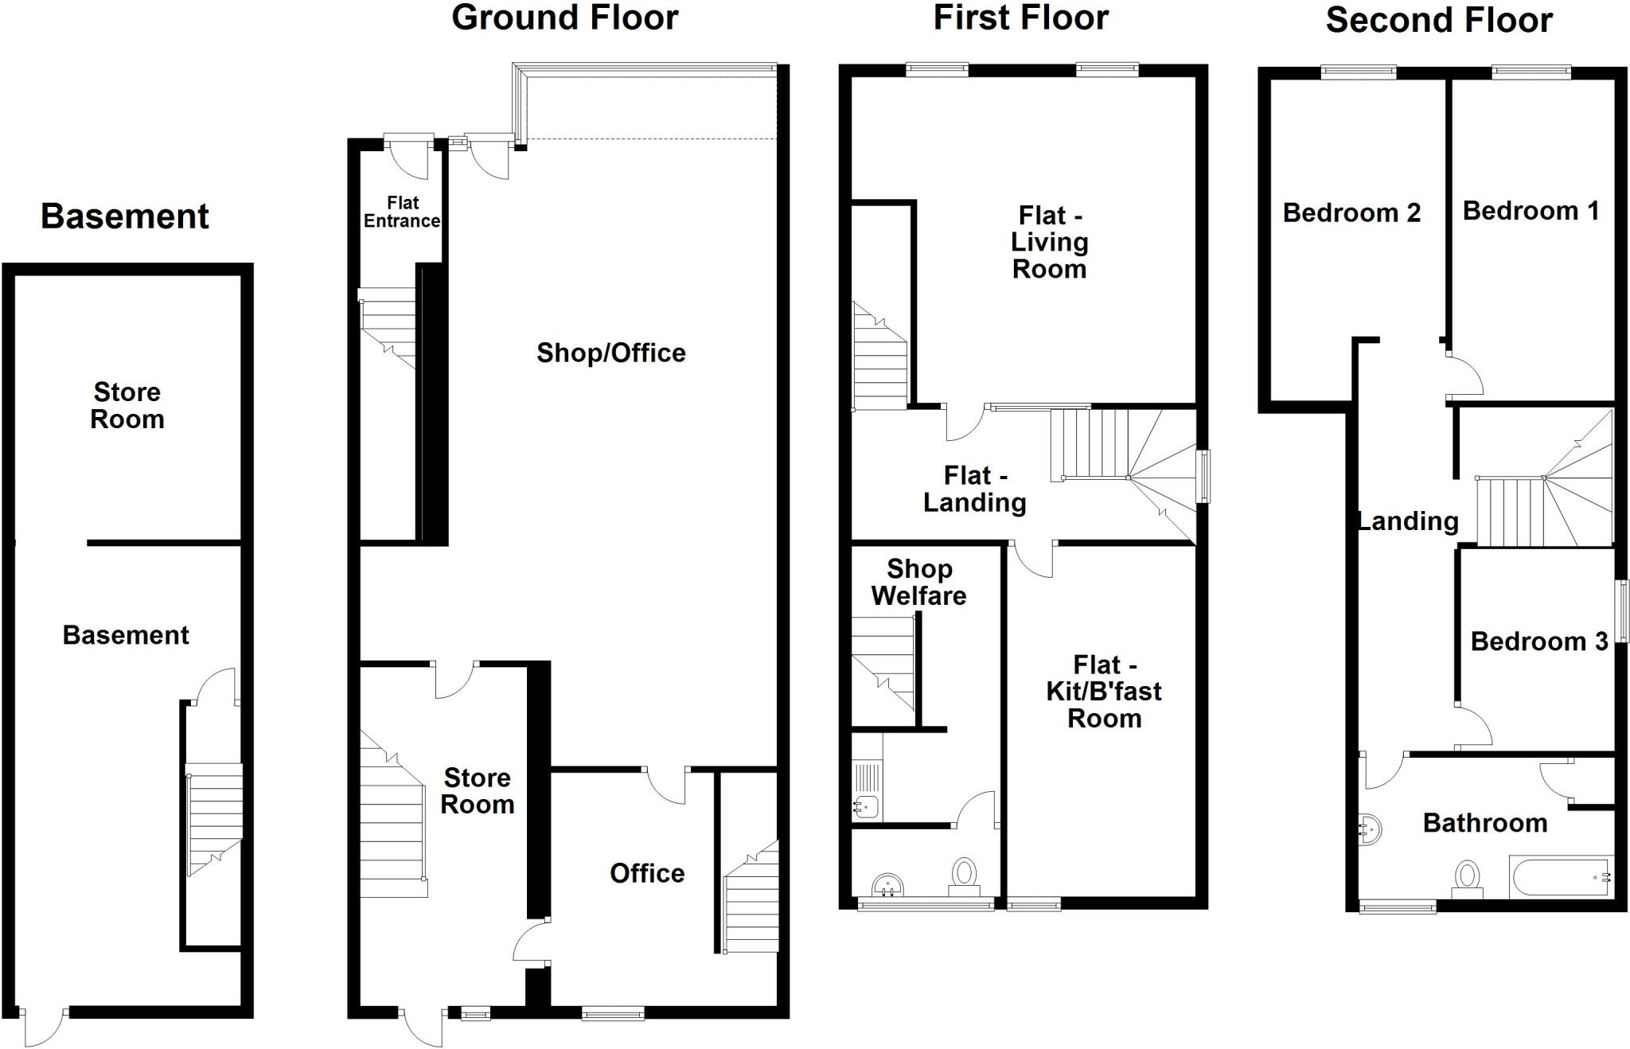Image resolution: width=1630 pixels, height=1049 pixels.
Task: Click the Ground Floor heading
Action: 564,18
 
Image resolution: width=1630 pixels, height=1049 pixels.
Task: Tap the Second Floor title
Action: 1438,20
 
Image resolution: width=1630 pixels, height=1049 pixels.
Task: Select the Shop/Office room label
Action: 610,353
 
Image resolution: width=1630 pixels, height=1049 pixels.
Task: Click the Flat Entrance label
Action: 402,213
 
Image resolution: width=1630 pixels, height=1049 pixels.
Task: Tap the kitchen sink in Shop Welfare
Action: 864,807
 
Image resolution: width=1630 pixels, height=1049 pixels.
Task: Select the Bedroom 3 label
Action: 1538,641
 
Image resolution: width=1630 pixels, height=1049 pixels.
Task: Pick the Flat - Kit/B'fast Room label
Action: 1103,691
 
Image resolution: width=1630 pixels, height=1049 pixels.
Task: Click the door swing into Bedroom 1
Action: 1464,374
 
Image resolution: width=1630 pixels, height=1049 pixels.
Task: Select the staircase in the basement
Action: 214,820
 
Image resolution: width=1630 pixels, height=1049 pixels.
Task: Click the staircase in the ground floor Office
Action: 751,899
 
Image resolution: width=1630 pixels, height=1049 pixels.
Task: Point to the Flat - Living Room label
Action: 1049,242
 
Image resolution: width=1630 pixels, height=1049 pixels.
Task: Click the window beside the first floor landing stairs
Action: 1204,476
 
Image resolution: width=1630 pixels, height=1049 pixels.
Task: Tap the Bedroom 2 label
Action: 1351,213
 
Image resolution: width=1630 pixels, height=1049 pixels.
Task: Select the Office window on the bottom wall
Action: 612,1013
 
